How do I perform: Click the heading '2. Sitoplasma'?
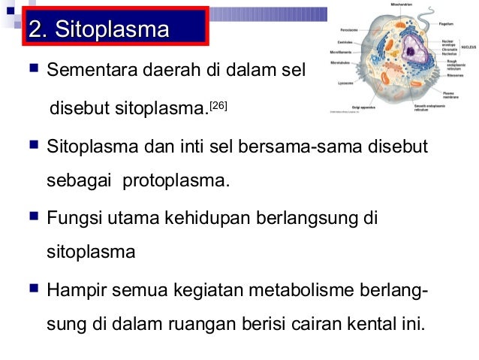point(98,31)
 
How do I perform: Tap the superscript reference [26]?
point(217,105)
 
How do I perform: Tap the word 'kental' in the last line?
point(376,325)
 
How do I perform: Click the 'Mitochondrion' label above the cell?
point(401,4)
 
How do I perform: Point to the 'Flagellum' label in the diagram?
point(447,24)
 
